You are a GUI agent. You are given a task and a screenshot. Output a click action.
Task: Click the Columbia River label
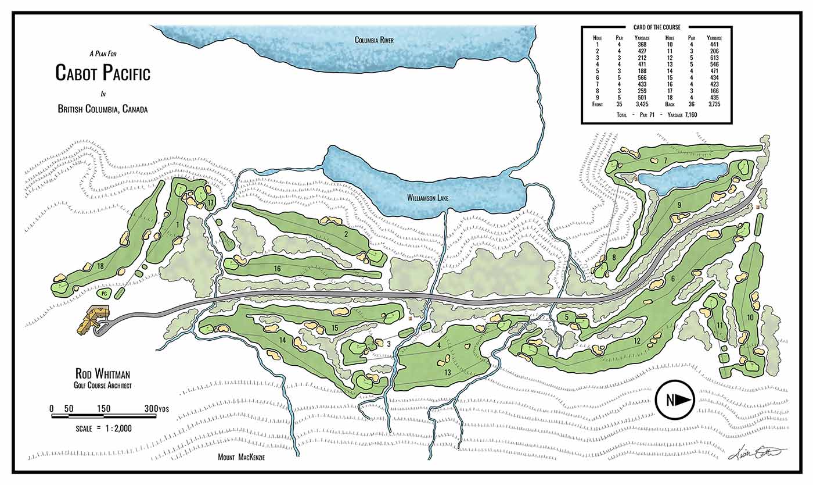[375, 40]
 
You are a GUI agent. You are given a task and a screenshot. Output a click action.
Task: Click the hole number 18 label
[100, 266]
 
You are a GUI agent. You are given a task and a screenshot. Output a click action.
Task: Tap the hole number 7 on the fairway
[665, 160]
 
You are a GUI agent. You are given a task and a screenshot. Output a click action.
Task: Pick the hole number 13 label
[448, 372]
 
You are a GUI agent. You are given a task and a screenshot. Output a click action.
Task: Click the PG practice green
[105, 294]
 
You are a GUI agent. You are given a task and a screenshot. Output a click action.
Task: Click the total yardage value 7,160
[686, 115]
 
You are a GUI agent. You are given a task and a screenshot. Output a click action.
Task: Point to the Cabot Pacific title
[103, 73]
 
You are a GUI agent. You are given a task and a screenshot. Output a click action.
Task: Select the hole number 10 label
[750, 317]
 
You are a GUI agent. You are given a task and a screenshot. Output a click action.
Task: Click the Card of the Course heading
[656, 27]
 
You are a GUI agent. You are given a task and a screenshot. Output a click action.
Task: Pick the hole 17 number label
[211, 202]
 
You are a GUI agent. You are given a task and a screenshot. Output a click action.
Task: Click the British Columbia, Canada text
[102, 109]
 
